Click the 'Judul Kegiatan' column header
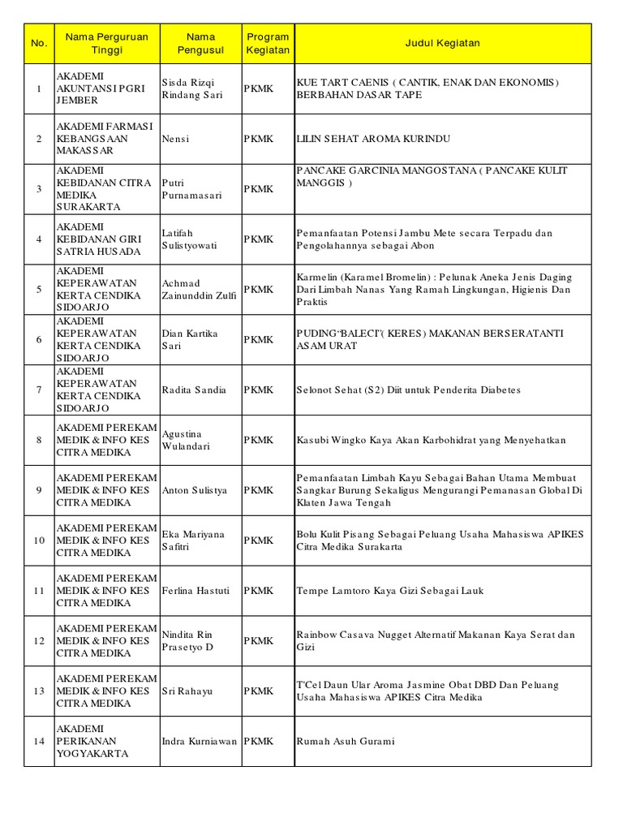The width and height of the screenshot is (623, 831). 443,44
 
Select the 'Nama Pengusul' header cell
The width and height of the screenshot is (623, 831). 200,44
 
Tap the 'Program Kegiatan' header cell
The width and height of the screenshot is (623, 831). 268,44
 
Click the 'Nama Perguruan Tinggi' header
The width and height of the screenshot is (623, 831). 106,44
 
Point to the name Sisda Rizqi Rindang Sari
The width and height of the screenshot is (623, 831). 192,88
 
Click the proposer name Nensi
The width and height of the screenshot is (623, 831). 175,139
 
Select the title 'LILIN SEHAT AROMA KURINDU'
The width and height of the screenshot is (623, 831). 373,139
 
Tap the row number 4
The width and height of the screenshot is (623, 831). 39,239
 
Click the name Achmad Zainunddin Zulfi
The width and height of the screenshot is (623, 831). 200,290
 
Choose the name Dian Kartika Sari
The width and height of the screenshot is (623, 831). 191,340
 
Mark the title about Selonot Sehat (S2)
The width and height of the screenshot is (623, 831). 408,390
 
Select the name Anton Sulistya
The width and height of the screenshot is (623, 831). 195,490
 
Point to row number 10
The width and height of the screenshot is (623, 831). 39,540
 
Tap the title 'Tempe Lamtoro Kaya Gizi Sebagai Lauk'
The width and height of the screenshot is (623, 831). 390,591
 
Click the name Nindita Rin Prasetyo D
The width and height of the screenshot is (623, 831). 188,641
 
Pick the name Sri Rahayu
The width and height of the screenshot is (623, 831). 187,691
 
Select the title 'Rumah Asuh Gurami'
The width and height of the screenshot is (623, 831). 345,742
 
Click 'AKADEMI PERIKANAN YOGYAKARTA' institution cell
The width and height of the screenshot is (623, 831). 92,741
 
